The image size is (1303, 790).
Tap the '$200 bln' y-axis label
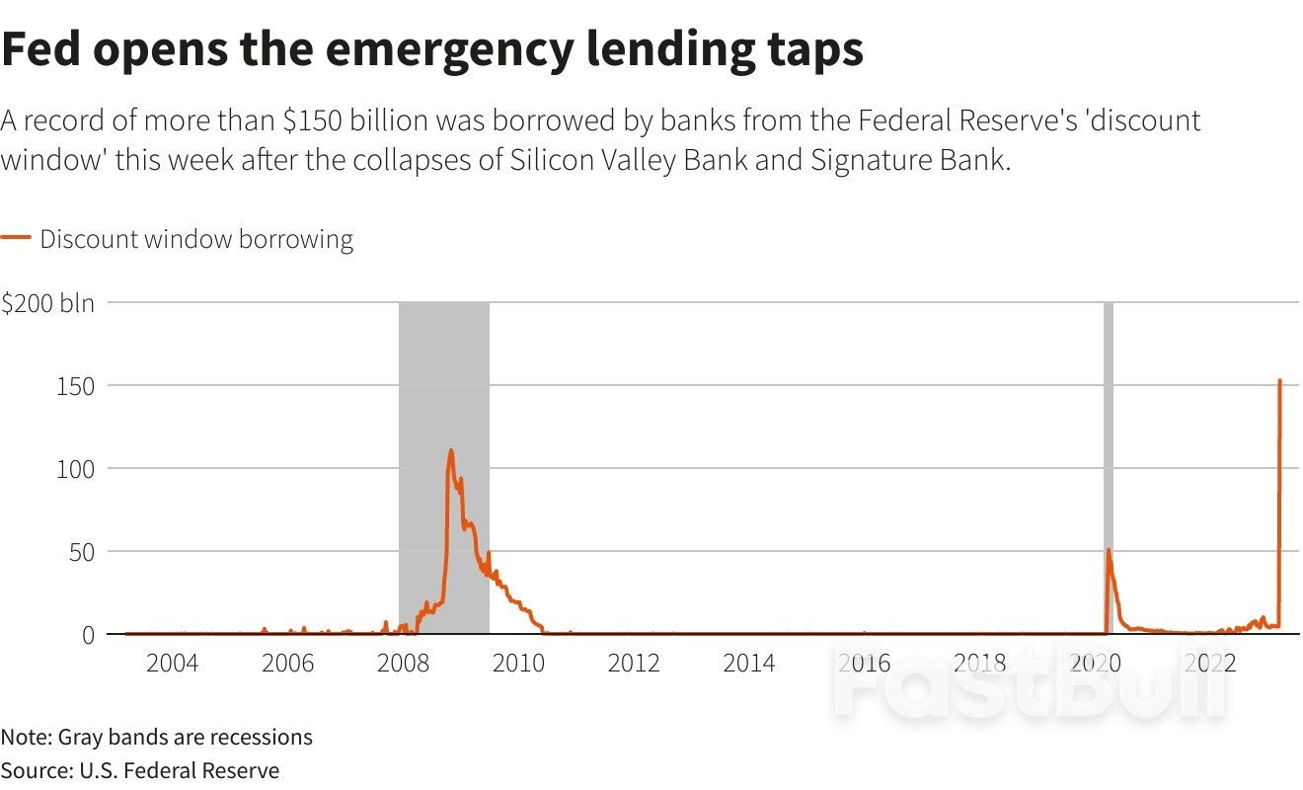pos(47,303)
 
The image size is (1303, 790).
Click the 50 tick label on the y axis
pos(80,551)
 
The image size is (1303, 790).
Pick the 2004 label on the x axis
pos(172,663)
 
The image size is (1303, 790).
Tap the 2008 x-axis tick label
pos(403,663)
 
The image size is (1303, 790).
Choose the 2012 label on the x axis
pos(634,663)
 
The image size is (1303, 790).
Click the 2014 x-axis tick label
pos(749,663)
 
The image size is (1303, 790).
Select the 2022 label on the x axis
pos(1210,663)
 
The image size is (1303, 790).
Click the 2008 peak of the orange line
pos(451,451)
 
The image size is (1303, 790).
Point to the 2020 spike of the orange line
pos(1109,550)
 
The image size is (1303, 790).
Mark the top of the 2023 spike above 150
pos(1280,380)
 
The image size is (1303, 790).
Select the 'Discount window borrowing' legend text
pos(196,239)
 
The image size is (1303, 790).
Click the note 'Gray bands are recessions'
pos(185,737)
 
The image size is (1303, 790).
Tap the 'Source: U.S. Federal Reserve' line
pos(140,770)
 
